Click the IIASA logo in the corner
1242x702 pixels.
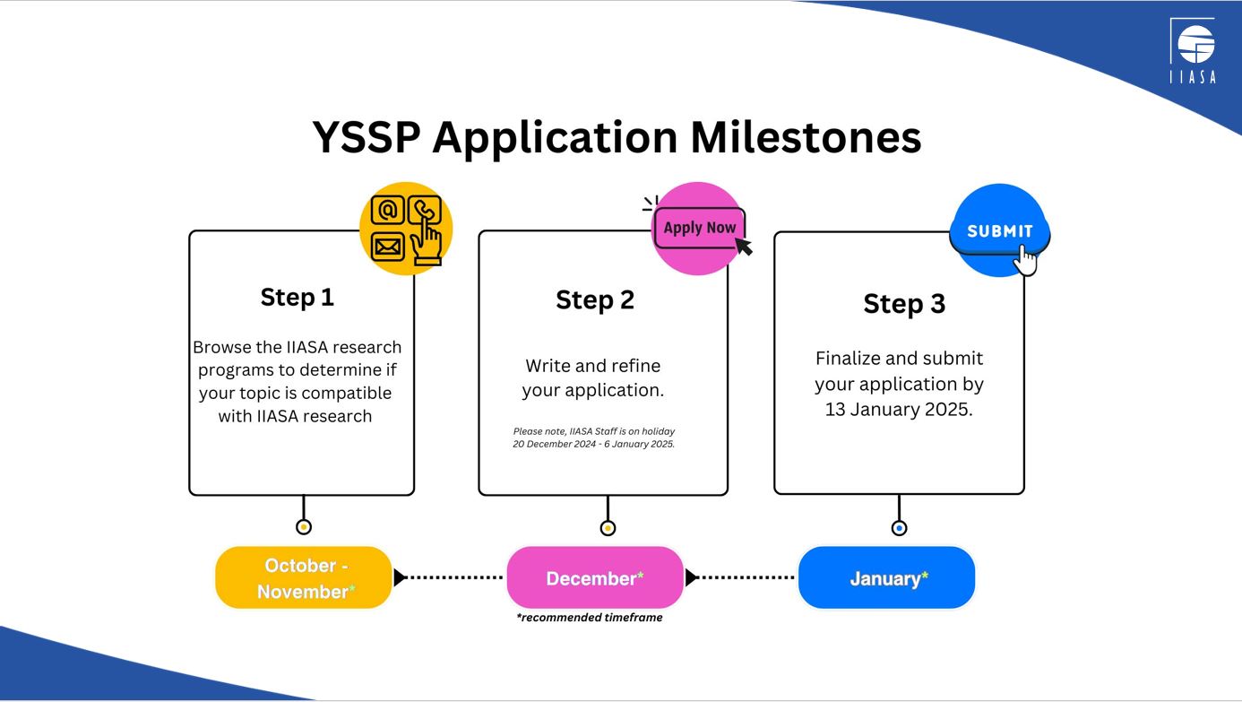coord(1194,50)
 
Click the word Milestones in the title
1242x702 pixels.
coord(806,137)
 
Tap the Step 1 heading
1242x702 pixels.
coord(298,298)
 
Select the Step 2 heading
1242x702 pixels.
coord(595,300)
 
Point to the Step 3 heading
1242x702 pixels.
coord(904,304)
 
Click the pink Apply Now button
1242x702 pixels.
coord(700,228)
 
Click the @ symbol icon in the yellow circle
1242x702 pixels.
coord(387,211)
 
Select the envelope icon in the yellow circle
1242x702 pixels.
coord(387,247)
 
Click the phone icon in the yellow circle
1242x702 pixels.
coord(424,210)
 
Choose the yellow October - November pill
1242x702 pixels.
coord(304,577)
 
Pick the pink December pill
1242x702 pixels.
coord(595,577)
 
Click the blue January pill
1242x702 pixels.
coord(886,577)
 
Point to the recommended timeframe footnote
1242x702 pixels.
coord(590,618)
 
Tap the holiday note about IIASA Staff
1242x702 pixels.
coord(594,438)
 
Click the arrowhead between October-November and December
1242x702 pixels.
coord(400,577)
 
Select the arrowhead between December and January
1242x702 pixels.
coord(690,577)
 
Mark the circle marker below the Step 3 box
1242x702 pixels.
coord(900,528)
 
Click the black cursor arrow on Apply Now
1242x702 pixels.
coord(744,247)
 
